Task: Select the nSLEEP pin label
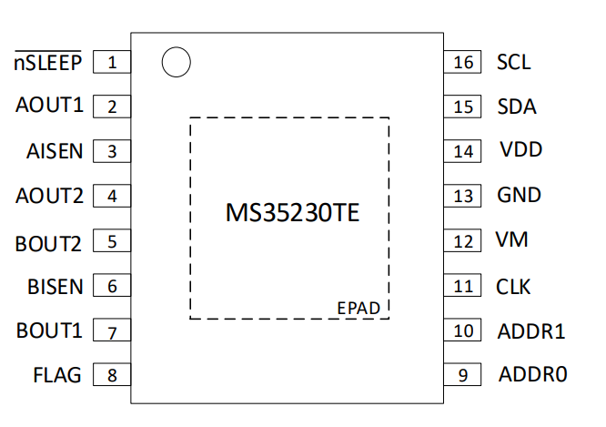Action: pyautogui.click(x=48, y=61)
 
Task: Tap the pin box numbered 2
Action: pyautogui.click(x=112, y=107)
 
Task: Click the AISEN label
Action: pyautogui.click(x=55, y=151)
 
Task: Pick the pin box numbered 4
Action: pyautogui.click(x=112, y=196)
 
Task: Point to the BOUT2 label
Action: pyautogui.click(x=48, y=244)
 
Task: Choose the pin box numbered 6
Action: pyautogui.click(x=112, y=286)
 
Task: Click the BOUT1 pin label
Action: pyautogui.click(x=49, y=330)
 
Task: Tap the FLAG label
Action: pyautogui.click(x=57, y=375)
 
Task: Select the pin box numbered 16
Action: pyautogui.click(x=462, y=62)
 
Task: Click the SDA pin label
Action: pyautogui.click(x=517, y=107)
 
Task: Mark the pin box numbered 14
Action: pyautogui.click(x=462, y=151)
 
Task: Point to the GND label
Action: pyautogui.click(x=519, y=195)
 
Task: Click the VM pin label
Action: pyautogui.click(x=511, y=239)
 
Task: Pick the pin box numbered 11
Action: pyautogui.click(x=462, y=286)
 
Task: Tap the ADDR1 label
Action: pyautogui.click(x=531, y=331)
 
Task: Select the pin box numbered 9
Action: pyautogui.click(x=462, y=374)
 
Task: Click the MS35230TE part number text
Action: pyautogui.click(x=293, y=212)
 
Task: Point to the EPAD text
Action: pyautogui.click(x=359, y=309)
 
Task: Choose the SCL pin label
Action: pyautogui.click(x=513, y=62)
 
